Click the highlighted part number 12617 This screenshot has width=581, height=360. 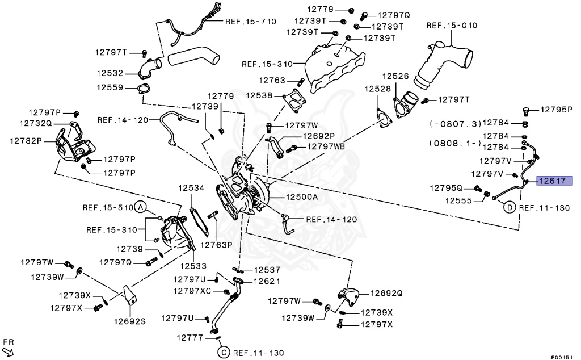pos(555,181)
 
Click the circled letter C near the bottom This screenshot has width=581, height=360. pos(222,353)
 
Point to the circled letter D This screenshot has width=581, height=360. pos(509,208)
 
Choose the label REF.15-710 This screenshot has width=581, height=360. pos(251,22)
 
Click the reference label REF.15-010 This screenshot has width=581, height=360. pos(452,26)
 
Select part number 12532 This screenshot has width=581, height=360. pos(110,73)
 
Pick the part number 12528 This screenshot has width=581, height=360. pos(377,89)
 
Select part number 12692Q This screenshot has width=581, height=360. pos(386,294)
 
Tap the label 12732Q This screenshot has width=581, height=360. pos(36,123)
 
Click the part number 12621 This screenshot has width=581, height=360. pos(267,281)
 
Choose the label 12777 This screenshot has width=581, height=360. pos(189,337)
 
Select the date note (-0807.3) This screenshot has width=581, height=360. pos(455,123)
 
